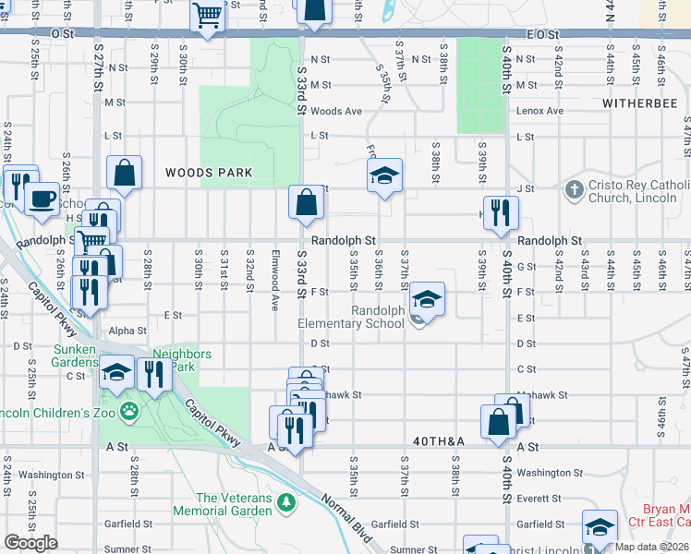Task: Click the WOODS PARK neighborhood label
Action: tap(209, 173)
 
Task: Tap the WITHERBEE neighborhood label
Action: tap(638, 102)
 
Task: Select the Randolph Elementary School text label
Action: tap(351, 317)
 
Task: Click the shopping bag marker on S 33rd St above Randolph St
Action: tap(306, 201)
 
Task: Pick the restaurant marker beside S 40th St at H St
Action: tap(501, 211)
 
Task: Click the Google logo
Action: tap(30, 543)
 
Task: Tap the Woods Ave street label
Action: tap(336, 111)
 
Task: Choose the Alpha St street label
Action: tap(127, 331)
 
